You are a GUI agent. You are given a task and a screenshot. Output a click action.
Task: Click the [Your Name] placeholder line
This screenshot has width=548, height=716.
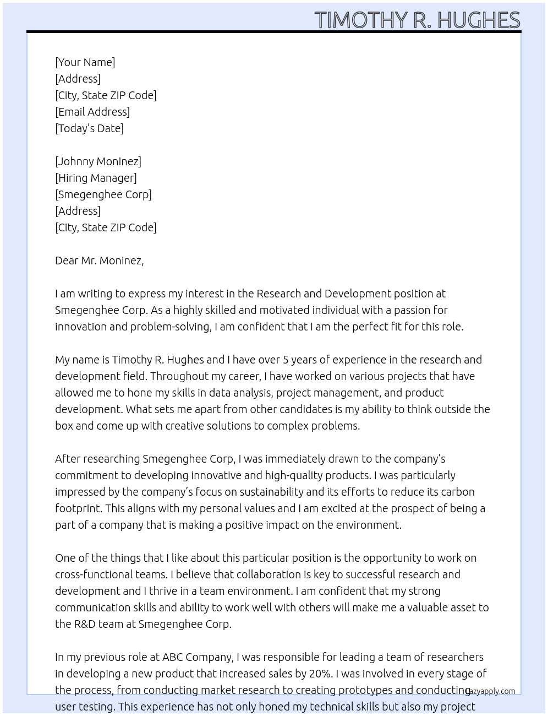[85, 62]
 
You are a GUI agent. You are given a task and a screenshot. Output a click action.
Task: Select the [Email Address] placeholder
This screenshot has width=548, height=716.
[92, 112]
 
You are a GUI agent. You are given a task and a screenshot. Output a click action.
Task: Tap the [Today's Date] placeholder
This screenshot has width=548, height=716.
[89, 128]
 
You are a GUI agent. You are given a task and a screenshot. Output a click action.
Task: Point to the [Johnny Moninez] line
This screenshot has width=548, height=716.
[98, 161]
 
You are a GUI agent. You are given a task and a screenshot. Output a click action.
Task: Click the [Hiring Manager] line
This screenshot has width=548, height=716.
[96, 178]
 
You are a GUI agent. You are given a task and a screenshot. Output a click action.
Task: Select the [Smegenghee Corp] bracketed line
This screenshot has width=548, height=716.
[103, 194]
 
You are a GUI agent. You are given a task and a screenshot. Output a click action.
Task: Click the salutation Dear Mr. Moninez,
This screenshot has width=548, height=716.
[99, 261]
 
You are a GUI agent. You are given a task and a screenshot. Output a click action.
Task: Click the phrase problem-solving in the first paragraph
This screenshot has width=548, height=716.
[170, 327]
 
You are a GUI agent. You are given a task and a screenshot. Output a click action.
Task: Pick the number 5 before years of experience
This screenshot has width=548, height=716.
[286, 360]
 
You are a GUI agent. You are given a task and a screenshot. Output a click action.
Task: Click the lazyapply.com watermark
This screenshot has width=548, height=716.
[490, 691]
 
